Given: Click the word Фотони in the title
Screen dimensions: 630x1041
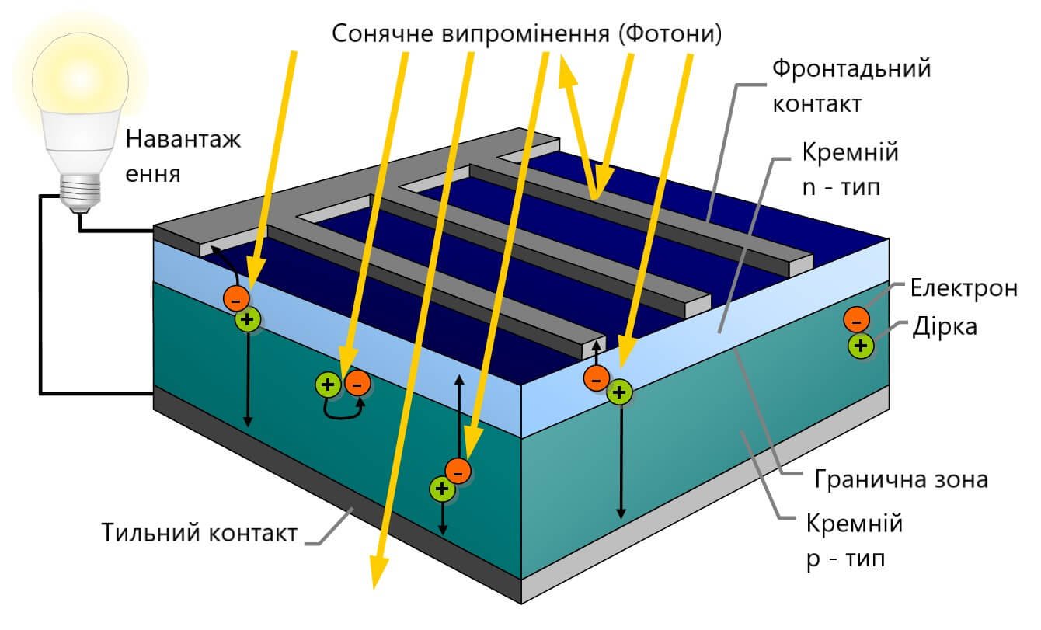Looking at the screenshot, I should [x=671, y=33].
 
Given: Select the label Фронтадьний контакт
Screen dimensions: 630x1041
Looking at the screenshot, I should [x=850, y=85].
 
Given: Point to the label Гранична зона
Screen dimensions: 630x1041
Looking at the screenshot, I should [x=901, y=479].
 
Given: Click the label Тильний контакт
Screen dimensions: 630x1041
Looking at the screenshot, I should [x=200, y=534].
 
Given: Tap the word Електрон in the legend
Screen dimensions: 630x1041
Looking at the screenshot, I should [x=963, y=289].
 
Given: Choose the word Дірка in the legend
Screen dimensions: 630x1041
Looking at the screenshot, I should [x=946, y=326].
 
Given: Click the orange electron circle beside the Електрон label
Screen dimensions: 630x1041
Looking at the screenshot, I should [x=856, y=319].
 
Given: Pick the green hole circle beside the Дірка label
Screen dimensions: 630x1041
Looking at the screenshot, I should [x=859, y=346].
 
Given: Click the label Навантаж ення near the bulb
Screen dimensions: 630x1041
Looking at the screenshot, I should [x=183, y=155].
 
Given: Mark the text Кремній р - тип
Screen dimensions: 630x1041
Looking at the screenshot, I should [x=855, y=540].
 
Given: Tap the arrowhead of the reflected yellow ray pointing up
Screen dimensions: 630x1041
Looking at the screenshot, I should [x=565, y=71].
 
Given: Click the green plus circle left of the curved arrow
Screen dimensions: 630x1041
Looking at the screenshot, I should [x=327, y=384].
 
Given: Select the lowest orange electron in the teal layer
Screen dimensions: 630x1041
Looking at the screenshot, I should [x=458, y=470].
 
